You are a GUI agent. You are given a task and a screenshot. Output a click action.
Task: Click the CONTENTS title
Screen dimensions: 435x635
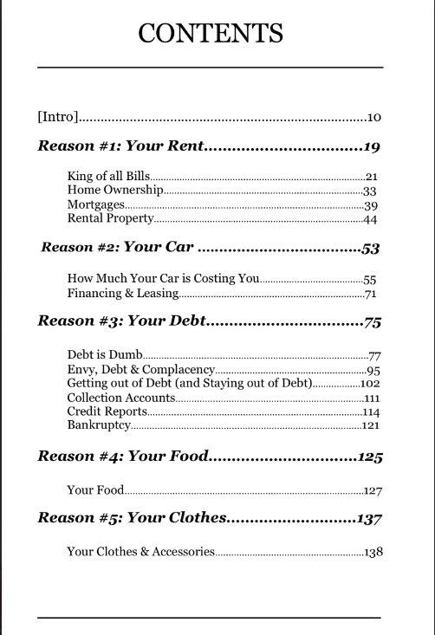tap(211, 34)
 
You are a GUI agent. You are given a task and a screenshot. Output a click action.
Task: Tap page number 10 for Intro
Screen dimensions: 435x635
tap(374, 117)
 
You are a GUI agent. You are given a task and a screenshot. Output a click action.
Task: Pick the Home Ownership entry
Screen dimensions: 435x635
tap(114, 191)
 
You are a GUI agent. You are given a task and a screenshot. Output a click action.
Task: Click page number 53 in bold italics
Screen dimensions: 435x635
tap(371, 249)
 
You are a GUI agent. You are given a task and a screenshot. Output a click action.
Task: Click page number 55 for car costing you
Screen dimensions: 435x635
tap(371, 280)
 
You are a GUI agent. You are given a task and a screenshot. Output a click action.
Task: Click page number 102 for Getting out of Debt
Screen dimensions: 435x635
tap(371, 383)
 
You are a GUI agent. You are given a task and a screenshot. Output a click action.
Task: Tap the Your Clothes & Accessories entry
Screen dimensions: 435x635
tap(140, 551)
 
